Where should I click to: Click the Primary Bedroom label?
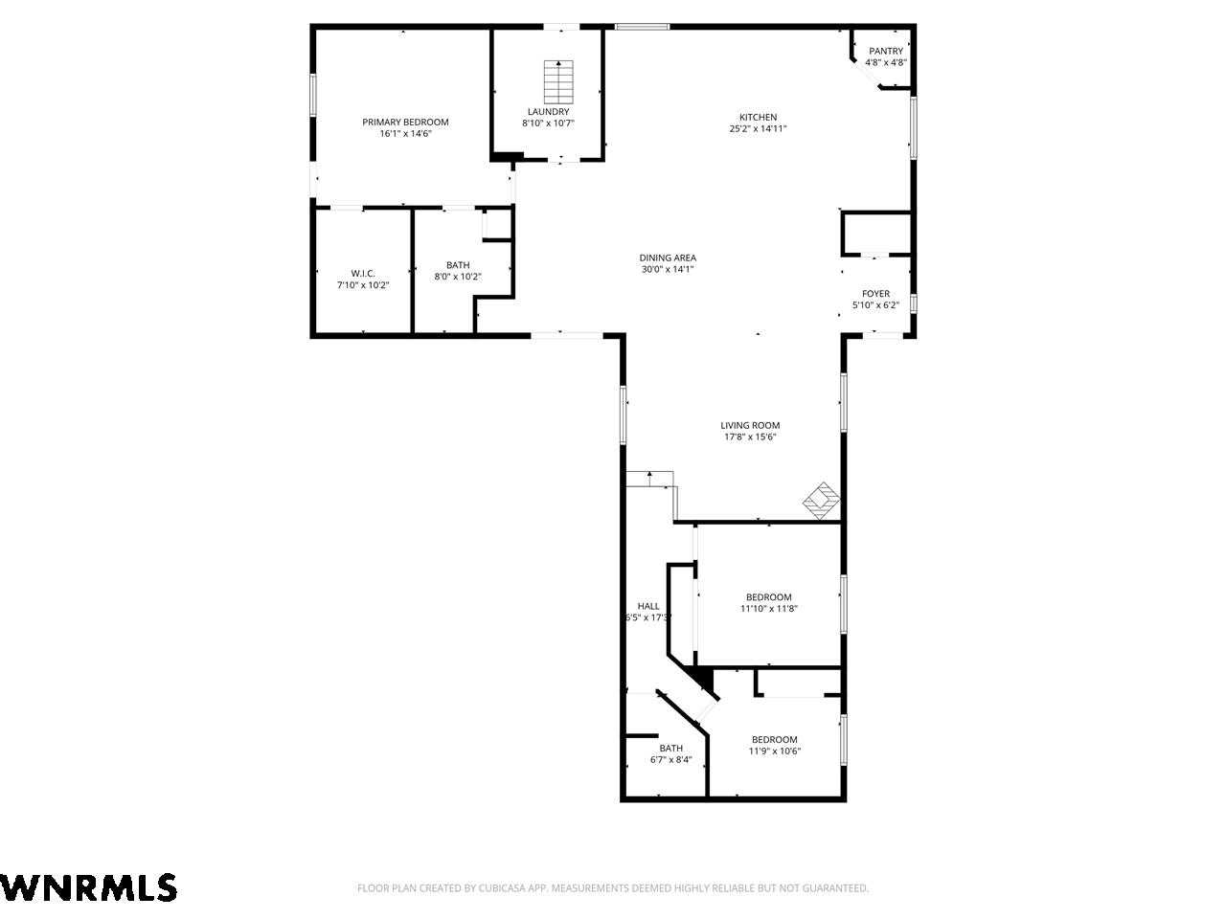405,123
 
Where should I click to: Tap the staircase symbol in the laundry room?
558,81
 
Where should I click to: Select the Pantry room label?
886,51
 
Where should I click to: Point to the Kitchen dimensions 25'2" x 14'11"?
758,128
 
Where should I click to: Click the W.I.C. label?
363,274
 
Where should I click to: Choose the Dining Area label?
668,258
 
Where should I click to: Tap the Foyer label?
875,294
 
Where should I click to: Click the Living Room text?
750,425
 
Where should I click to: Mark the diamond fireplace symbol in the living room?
822,501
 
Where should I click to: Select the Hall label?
648,606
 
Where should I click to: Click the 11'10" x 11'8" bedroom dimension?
769,609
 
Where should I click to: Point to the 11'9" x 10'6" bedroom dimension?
775,751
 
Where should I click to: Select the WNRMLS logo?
88,886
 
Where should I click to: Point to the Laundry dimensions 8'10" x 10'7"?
549,123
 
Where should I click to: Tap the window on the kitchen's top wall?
642,26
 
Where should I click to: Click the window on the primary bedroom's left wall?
313,95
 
